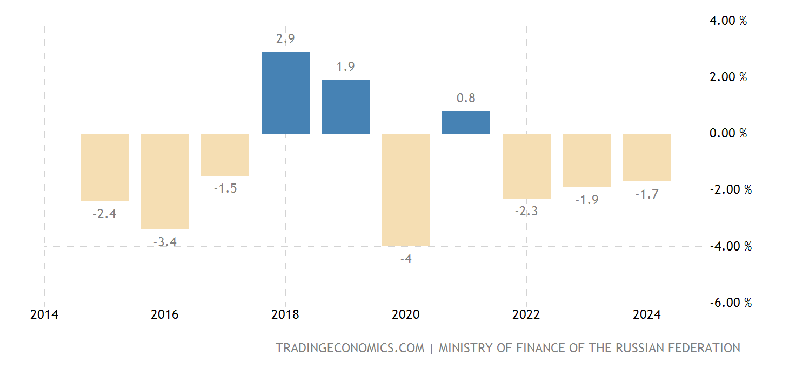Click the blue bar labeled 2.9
[x=285, y=93]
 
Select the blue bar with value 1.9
[x=345, y=107]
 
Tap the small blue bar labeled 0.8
[x=466, y=122]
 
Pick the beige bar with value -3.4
[x=165, y=181]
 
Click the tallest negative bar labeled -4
[x=406, y=190]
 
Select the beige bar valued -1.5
[x=225, y=155]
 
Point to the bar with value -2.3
[x=526, y=166]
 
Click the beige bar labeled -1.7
[x=647, y=157]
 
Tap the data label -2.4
[x=104, y=214]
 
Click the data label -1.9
[x=586, y=200]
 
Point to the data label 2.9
[x=285, y=39]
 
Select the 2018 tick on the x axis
[x=285, y=315]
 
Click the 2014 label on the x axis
[x=45, y=315]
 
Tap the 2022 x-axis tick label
[x=526, y=315]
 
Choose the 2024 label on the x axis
[x=647, y=315]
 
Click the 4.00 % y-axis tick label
[x=727, y=21]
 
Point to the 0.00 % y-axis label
[x=727, y=134]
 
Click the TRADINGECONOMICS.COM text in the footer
[x=350, y=348]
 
